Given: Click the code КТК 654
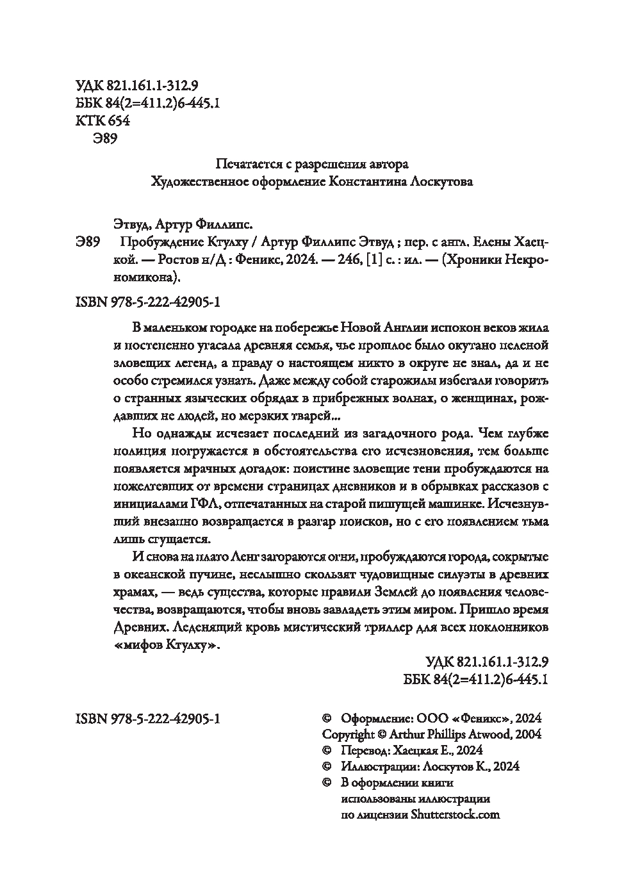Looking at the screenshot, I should click(103, 121).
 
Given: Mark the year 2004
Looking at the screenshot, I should click(527, 734).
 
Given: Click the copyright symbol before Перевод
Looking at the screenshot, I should click(326, 750).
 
